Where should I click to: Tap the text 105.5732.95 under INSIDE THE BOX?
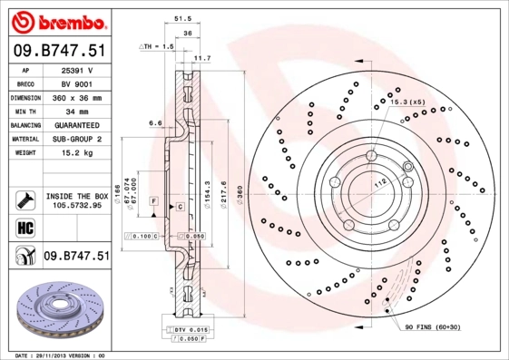(76, 206)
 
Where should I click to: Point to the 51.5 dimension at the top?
(181, 17)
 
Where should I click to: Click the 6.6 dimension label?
(155, 122)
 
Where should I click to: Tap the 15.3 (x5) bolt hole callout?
(406, 102)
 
